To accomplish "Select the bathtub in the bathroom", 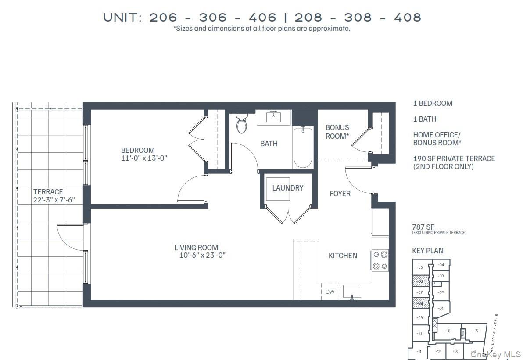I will (302, 148).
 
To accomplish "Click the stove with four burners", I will (380, 260).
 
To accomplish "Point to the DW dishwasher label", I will (330, 292).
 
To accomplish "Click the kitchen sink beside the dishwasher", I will (351, 292).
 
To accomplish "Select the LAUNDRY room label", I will (287, 188).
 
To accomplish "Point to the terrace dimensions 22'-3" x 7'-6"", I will (54, 200).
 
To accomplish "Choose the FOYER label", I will (340, 194).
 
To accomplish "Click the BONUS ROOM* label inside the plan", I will (337, 132).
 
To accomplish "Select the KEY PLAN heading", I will (427, 251).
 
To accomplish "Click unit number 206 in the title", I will (163, 18).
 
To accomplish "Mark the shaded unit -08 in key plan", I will (420, 303).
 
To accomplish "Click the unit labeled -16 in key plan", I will (448, 331).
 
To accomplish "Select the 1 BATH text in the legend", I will (424, 119).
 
